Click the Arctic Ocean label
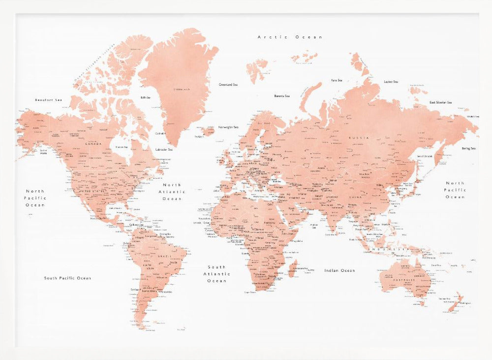[x=290, y=37]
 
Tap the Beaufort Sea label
[x=48, y=100]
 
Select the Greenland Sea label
[x=228, y=85]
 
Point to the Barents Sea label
[x=282, y=96]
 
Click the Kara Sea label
[x=337, y=80]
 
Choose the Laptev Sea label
[x=391, y=82]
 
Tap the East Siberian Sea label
[x=440, y=102]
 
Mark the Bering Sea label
[x=468, y=148]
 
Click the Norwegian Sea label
[x=228, y=126]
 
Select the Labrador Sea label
[x=164, y=149]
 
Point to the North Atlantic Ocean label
[x=172, y=192]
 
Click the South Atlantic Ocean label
[x=216, y=274]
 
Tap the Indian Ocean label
[x=339, y=270]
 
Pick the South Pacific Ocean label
[x=67, y=278]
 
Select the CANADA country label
[x=93, y=144]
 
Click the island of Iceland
[x=208, y=131]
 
